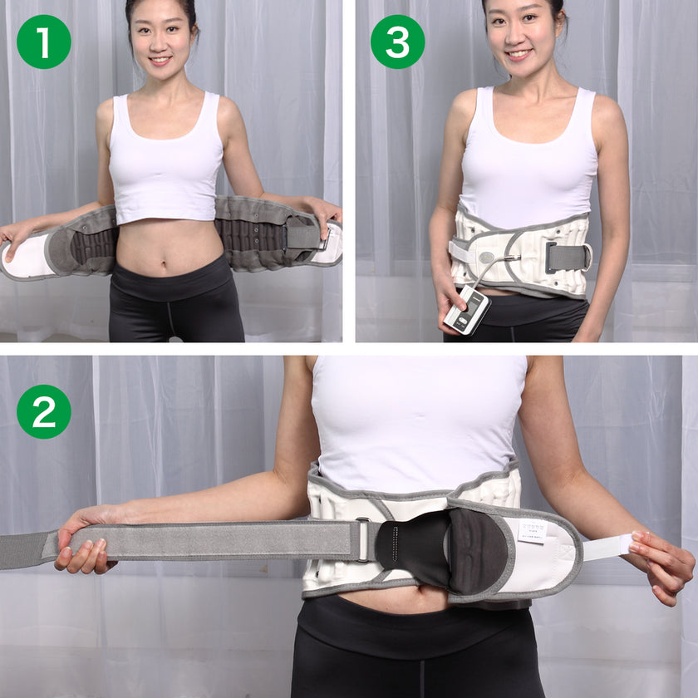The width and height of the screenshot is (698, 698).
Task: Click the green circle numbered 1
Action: (x=43, y=42)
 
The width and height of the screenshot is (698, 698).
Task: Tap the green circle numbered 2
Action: (x=43, y=411)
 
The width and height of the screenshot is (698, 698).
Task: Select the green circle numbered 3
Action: (x=397, y=42)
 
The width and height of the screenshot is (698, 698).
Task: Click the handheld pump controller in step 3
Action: (x=467, y=310)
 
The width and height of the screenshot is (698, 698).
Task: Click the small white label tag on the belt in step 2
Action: (x=532, y=531)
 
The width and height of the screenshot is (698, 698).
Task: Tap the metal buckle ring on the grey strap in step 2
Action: (x=363, y=539)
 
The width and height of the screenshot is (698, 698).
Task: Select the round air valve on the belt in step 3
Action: (x=485, y=258)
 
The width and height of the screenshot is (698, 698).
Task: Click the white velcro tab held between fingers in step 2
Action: (x=607, y=547)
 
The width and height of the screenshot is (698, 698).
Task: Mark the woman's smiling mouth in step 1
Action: (x=160, y=61)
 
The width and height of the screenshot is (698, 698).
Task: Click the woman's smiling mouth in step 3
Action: (x=519, y=55)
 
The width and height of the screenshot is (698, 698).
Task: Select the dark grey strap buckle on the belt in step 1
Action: (x=302, y=236)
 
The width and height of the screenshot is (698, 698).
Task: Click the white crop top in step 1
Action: (x=166, y=166)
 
